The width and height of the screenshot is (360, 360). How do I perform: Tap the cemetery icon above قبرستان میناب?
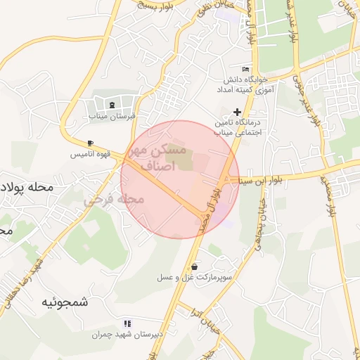(114, 105)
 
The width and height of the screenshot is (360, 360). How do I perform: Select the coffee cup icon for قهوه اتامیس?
(90, 143)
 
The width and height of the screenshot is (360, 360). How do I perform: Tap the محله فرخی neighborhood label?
(114, 200)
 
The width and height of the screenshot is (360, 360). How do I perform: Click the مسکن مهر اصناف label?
(159, 158)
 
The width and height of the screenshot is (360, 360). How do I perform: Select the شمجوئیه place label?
(65, 302)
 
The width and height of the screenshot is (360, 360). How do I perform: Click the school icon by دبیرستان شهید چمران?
(127, 323)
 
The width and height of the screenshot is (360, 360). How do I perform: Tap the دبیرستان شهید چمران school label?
(127, 334)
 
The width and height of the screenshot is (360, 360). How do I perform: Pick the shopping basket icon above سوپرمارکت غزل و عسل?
(194, 266)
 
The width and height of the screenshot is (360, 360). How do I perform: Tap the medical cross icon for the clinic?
(237, 111)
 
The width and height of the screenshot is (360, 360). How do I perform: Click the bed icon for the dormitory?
(245, 69)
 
